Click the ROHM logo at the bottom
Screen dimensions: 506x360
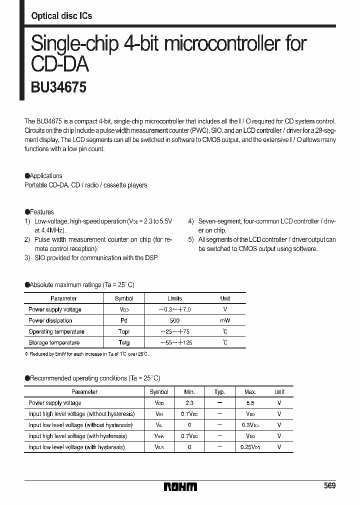pos(180,486)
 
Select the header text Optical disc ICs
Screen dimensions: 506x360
pos(61,16)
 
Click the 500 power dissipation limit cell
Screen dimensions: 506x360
pos(174,320)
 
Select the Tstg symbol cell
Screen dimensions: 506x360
pos(124,342)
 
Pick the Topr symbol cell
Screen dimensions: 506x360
pos(124,331)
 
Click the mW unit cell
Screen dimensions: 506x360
pos(225,320)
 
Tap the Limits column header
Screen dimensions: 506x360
pos(174,298)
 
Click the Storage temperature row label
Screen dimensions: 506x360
pos(54,342)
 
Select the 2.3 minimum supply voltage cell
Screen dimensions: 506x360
pos(189,403)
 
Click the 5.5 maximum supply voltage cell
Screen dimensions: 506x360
pos(250,403)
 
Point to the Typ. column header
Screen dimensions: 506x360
pos(219,392)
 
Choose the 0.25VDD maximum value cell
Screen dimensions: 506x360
pos(250,447)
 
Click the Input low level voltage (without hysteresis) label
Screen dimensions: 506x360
pos(80,425)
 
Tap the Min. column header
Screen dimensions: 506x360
pos(189,392)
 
